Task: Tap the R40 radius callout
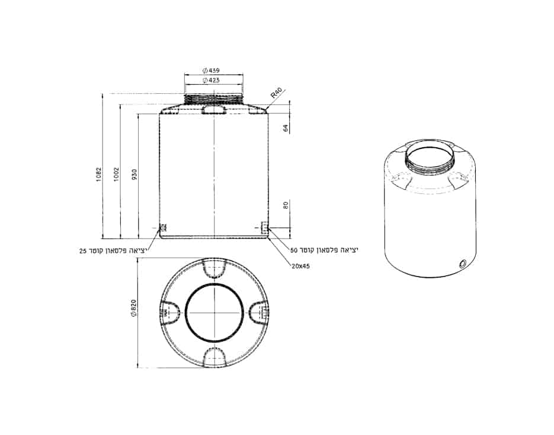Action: [x=276, y=94]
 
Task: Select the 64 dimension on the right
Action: [x=286, y=128]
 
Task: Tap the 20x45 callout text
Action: [x=300, y=266]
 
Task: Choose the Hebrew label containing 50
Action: [x=324, y=250]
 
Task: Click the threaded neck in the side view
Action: [x=213, y=99]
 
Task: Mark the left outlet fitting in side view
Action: [x=164, y=227]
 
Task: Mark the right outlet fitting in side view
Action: [x=264, y=227]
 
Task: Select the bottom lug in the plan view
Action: [x=213, y=355]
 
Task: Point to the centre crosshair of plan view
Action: [x=213, y=312]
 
